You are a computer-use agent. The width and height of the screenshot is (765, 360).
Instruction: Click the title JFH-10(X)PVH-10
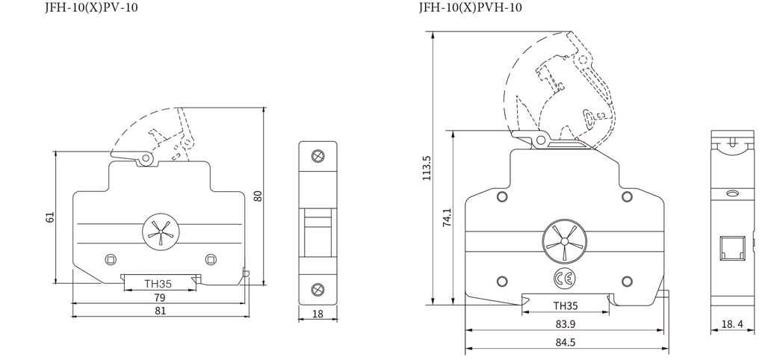(470, 7)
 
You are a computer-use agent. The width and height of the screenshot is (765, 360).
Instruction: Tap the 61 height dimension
(50, 217)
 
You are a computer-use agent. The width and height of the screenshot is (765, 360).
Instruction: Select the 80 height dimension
(258, 196)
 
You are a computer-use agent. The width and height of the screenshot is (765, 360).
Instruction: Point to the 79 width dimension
(159, 297)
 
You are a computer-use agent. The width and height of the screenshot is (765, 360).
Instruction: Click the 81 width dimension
(160, 312)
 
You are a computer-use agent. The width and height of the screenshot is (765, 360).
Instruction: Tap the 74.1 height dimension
(445, 217)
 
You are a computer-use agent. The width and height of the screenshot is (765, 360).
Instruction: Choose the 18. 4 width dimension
(731, 324)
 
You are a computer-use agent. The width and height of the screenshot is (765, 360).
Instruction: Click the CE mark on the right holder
(565, 279)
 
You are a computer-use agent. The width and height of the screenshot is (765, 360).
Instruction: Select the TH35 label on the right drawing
(566, 305)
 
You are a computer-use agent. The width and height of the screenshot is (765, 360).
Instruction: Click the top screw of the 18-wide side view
(317, 156)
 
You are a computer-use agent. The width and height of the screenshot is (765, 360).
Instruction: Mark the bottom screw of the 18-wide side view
(317, 289)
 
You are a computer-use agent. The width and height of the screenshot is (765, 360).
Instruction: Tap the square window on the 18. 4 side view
(730, 248)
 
